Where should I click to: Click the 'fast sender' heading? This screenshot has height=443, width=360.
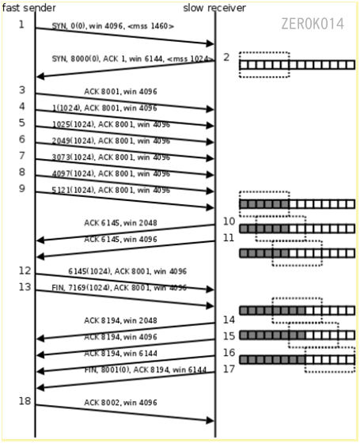coord(28,8)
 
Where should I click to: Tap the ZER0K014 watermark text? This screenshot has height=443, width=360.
coord(313,24)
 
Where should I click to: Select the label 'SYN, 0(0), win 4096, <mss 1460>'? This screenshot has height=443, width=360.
coord(113,26)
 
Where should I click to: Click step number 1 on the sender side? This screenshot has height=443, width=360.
coord(22,24)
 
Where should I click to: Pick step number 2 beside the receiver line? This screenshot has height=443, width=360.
coord(227,57)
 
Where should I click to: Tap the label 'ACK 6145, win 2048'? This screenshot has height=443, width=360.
coord(120,223)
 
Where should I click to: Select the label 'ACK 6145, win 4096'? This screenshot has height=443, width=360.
coord(120,239)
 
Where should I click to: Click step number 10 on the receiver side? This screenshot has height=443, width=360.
coord(229,221)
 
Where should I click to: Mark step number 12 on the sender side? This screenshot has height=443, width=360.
coord(24,271)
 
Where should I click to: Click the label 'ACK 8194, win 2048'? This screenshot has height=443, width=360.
coord(120,320)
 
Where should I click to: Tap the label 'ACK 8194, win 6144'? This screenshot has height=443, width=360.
coord(120,353)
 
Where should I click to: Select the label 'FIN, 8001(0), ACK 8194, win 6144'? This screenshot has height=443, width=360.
coord(146,369)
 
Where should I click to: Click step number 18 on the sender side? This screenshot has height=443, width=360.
coord(24,401)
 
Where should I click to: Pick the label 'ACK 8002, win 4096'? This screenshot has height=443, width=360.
coord(120,403)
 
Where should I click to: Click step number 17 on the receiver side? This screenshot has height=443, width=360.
coord(229,369)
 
